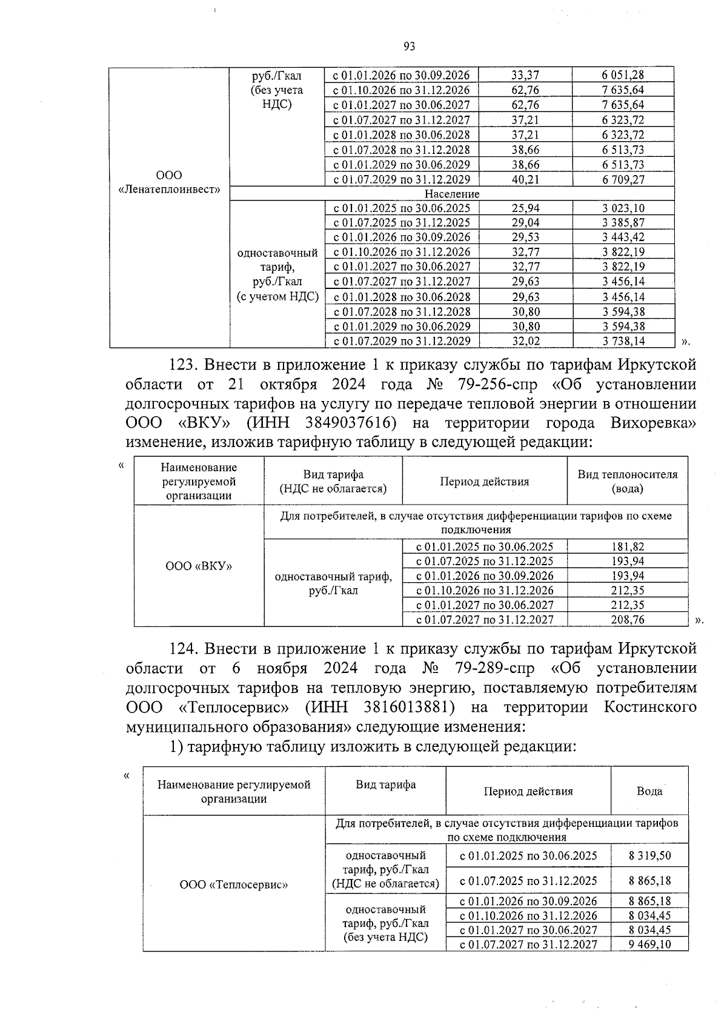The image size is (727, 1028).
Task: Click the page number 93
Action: (x=409, y=47)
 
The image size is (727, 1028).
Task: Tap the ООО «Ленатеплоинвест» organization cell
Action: (x=169, y=182)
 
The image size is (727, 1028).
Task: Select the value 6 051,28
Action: (x=623, y=75)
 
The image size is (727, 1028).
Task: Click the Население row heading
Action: (x=451, y=194)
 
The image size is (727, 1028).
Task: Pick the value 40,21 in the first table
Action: (x=525, y=179)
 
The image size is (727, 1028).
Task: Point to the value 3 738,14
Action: (x=623, y=341)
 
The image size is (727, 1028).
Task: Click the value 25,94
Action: (x=525, y=208)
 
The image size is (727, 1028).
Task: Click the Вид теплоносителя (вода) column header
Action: (x=627, y=482)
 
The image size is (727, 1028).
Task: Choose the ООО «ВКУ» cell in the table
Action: (x=199, y=566)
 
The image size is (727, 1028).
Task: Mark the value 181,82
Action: (x=628, y=546)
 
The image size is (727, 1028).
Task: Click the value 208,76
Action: (x=628, y=620)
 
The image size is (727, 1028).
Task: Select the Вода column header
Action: (x=649, y=791)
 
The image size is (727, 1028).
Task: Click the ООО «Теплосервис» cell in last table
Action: (x=233, y=884)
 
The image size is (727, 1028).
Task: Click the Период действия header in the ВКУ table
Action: (x=484, y=482)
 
